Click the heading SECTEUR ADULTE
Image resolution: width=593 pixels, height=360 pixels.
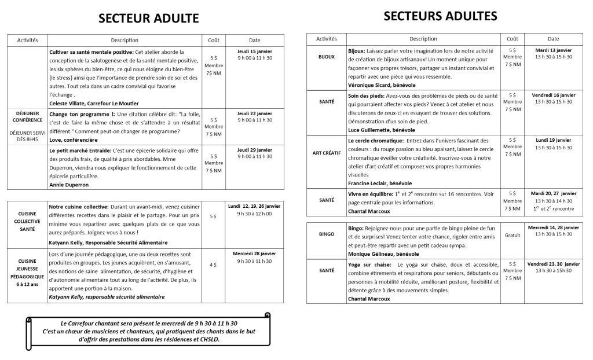pyautogui.click(x=149, y=18)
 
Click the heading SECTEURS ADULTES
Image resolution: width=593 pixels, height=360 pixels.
pyautogui.click(x=440, y=16)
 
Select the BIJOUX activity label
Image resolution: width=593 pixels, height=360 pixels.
pyautogui.click(x=326, y=57)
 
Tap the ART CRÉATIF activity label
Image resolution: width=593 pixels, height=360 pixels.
pyautogui.click(x=327, y=153)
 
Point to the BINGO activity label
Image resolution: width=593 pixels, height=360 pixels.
pyautogui.click(x=326, y=234)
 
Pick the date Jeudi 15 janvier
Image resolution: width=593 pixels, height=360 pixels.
pyautogui.click(x=255, y=52)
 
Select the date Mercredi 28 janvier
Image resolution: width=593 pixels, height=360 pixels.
pyautogui.click(x=255, y=254)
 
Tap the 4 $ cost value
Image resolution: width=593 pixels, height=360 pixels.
pyautogui.click(x=213, y=265)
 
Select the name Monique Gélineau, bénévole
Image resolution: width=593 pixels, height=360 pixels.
pyautogui.click(x=383, y=254)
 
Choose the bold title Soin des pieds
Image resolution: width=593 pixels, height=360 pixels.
pyautogui.click(x=367, y=95)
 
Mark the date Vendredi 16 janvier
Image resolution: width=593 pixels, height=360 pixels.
pyautogui.click(x=553, y=94)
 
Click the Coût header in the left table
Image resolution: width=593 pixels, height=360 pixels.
pyautogui.click(x=213, y=40)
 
